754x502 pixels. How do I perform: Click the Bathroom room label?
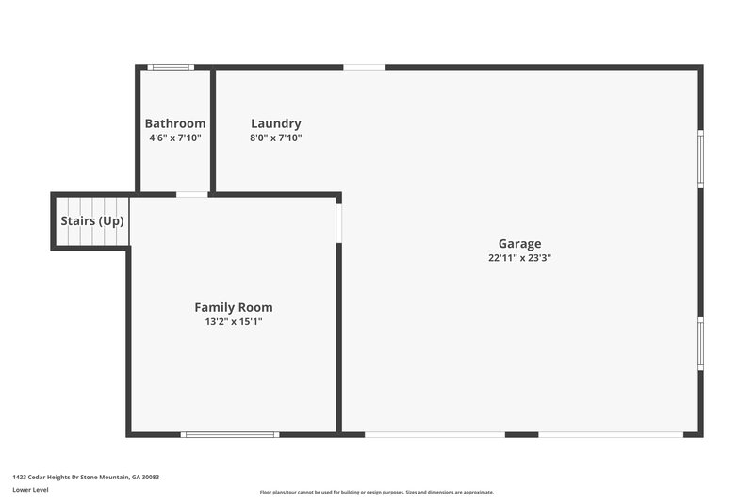click(x=174, y=123)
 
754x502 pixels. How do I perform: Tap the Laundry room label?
click(x=276, y=123)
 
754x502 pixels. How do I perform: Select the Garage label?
click(x=520, y=244)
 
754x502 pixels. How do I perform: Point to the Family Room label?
click(x=234, y=307)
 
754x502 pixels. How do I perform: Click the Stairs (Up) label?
click(x=92, y=221)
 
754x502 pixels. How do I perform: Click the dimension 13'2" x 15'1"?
click(x=234, y=321)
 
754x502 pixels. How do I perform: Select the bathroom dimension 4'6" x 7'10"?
click(x=174, y=138)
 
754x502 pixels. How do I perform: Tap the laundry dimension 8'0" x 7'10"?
click(x=276, y=138)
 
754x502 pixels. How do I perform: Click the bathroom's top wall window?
click(x=171, y=67)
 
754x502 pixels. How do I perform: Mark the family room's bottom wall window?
click(x=230, y=434)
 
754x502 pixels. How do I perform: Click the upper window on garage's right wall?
click(x=700, y=158)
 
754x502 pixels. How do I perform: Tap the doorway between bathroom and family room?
click(x=192, y=195)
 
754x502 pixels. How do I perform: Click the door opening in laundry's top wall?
click(x=364, y=67)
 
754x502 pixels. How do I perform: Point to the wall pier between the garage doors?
click(x=521, y=434)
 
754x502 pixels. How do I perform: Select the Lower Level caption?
click(x=31, y=491)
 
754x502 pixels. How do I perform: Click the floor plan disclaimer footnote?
click(x=376, y=492)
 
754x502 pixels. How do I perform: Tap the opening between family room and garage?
click(x=339, y=223)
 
